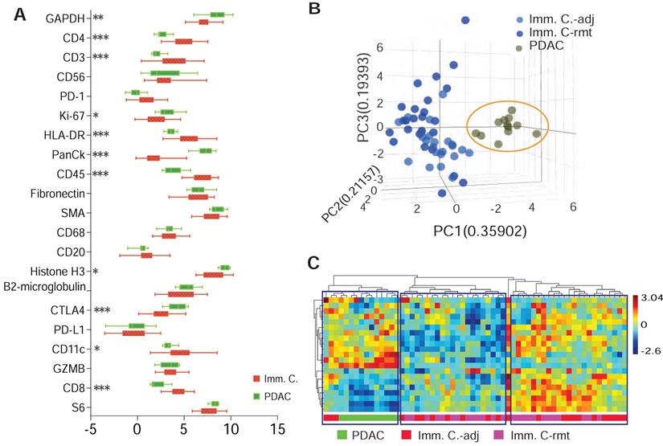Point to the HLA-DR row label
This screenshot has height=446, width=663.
point(68,135)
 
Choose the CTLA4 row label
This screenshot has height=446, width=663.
point(70,310)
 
